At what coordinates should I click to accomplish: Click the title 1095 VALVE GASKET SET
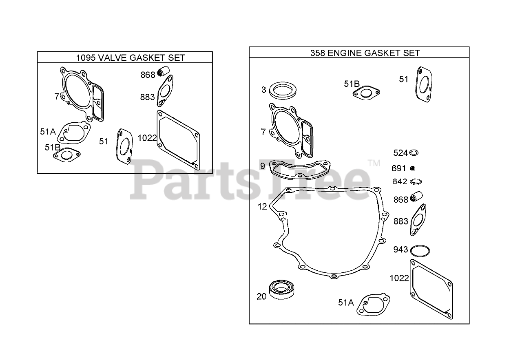[131, 57]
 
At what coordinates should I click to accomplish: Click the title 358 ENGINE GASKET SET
[365, 53]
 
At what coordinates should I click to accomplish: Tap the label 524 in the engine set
[400, 153]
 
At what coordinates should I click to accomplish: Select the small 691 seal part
[412, 168]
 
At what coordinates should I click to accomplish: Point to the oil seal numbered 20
[281, 289]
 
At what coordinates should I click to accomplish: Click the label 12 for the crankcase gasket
[262, 207]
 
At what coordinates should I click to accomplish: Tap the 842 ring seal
[416, 182]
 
